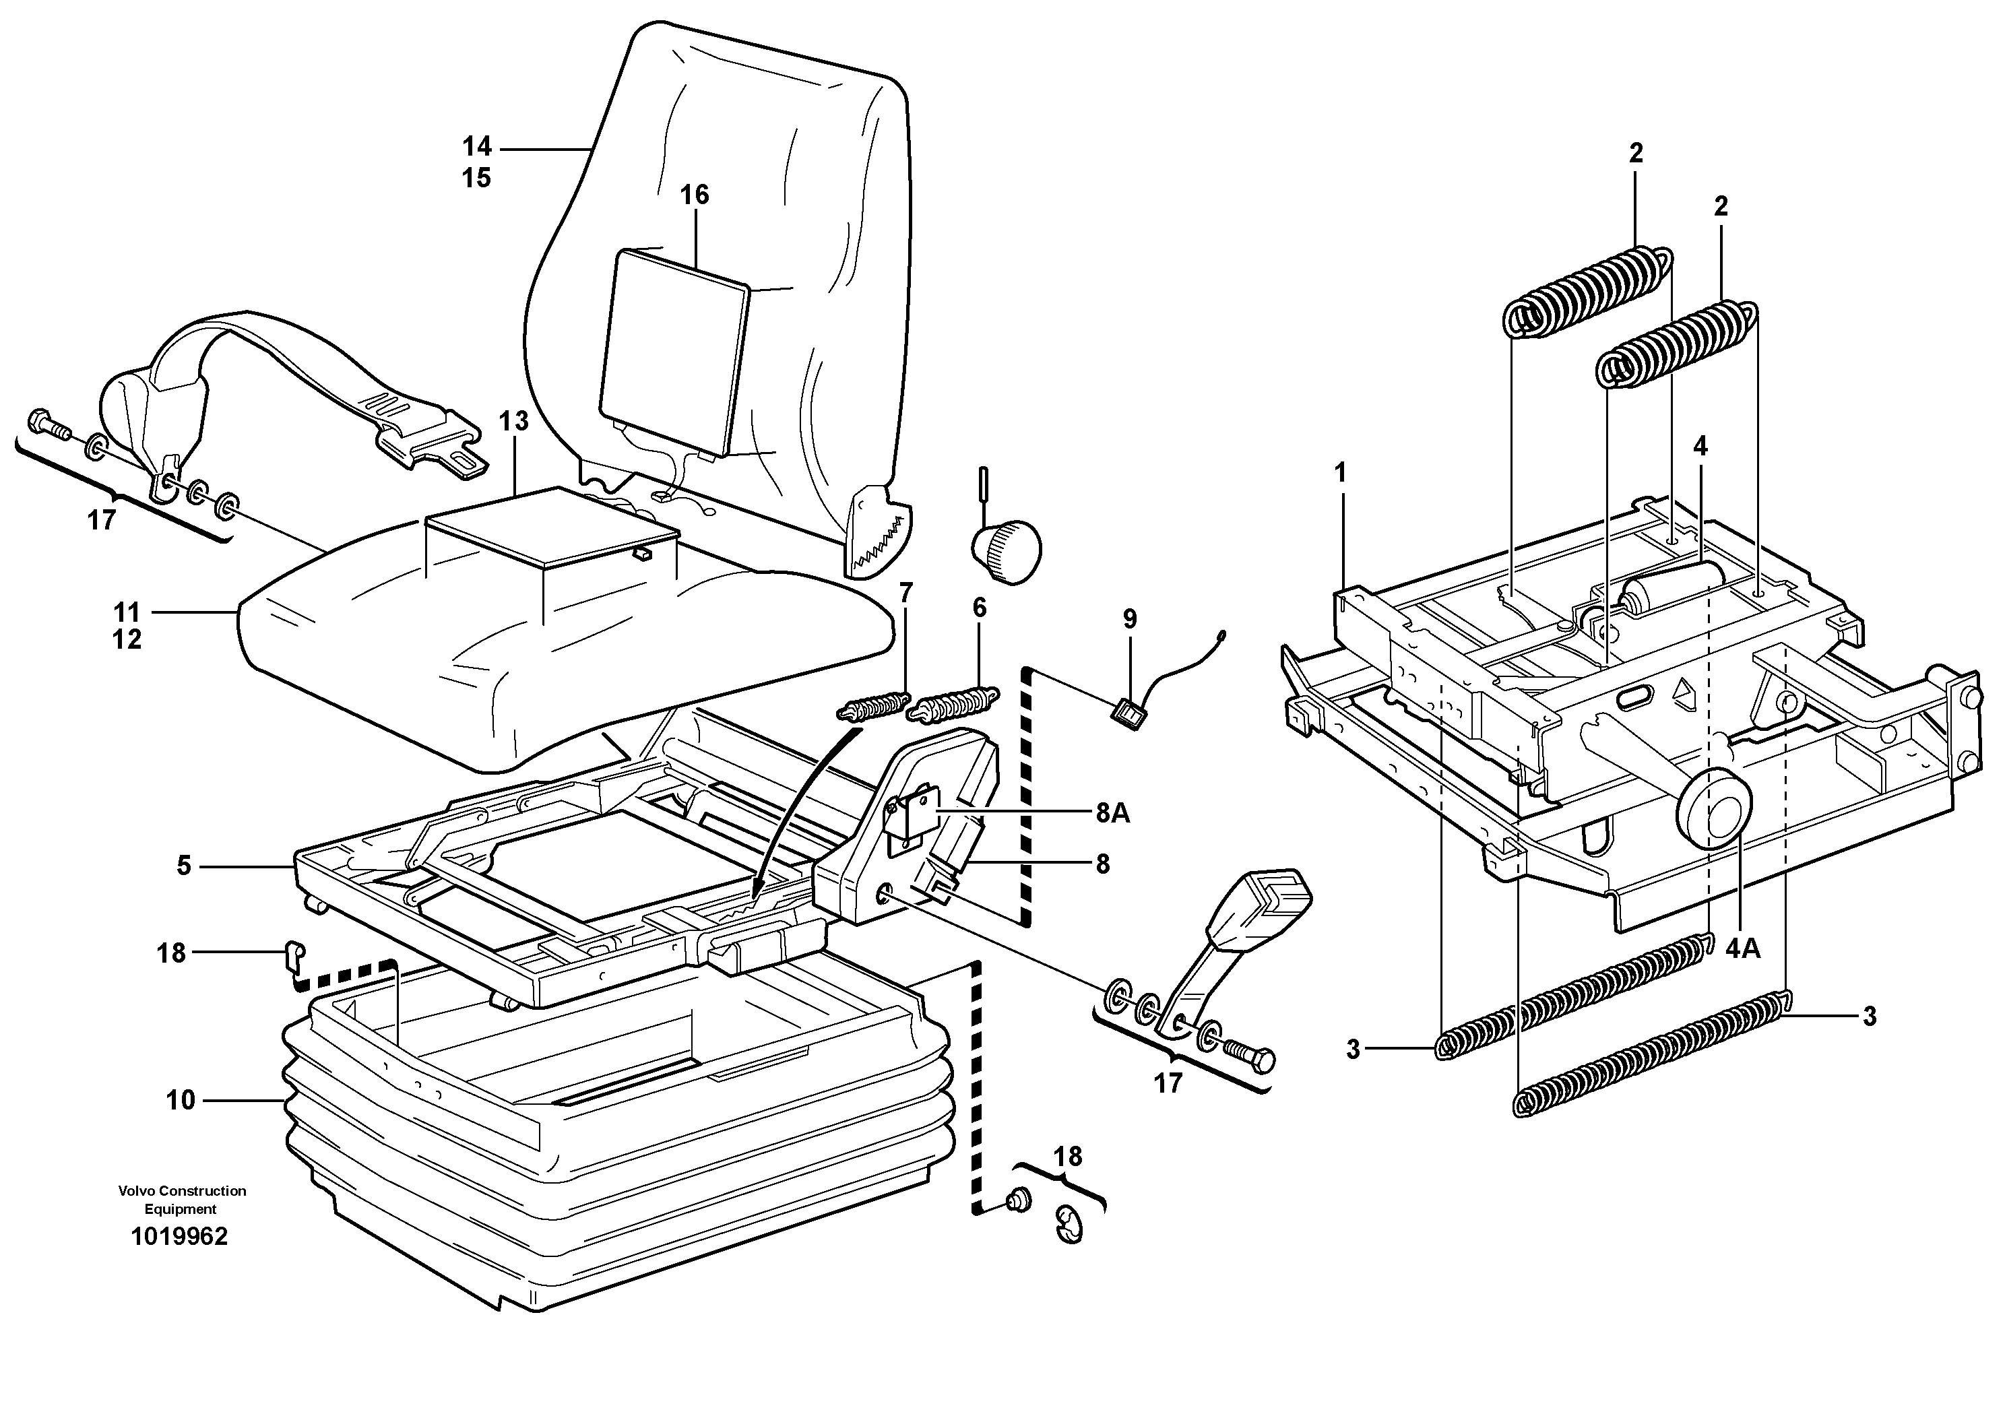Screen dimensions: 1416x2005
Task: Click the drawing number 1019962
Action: pyautogui.click(x=179, y=1236)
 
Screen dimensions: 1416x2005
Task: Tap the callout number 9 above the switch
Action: pyautogui.click(x=1130, y=619)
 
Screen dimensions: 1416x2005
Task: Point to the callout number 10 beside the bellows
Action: pyautogui.click(x=180, y=1100)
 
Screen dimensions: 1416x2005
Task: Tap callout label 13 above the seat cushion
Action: pyautogui.click(x=514, y=421)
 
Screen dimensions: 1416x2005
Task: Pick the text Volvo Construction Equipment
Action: pyautogui.click(x=182, y=1200)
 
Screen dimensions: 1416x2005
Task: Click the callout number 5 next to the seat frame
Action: pyautogui.click(x=183, y=866)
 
